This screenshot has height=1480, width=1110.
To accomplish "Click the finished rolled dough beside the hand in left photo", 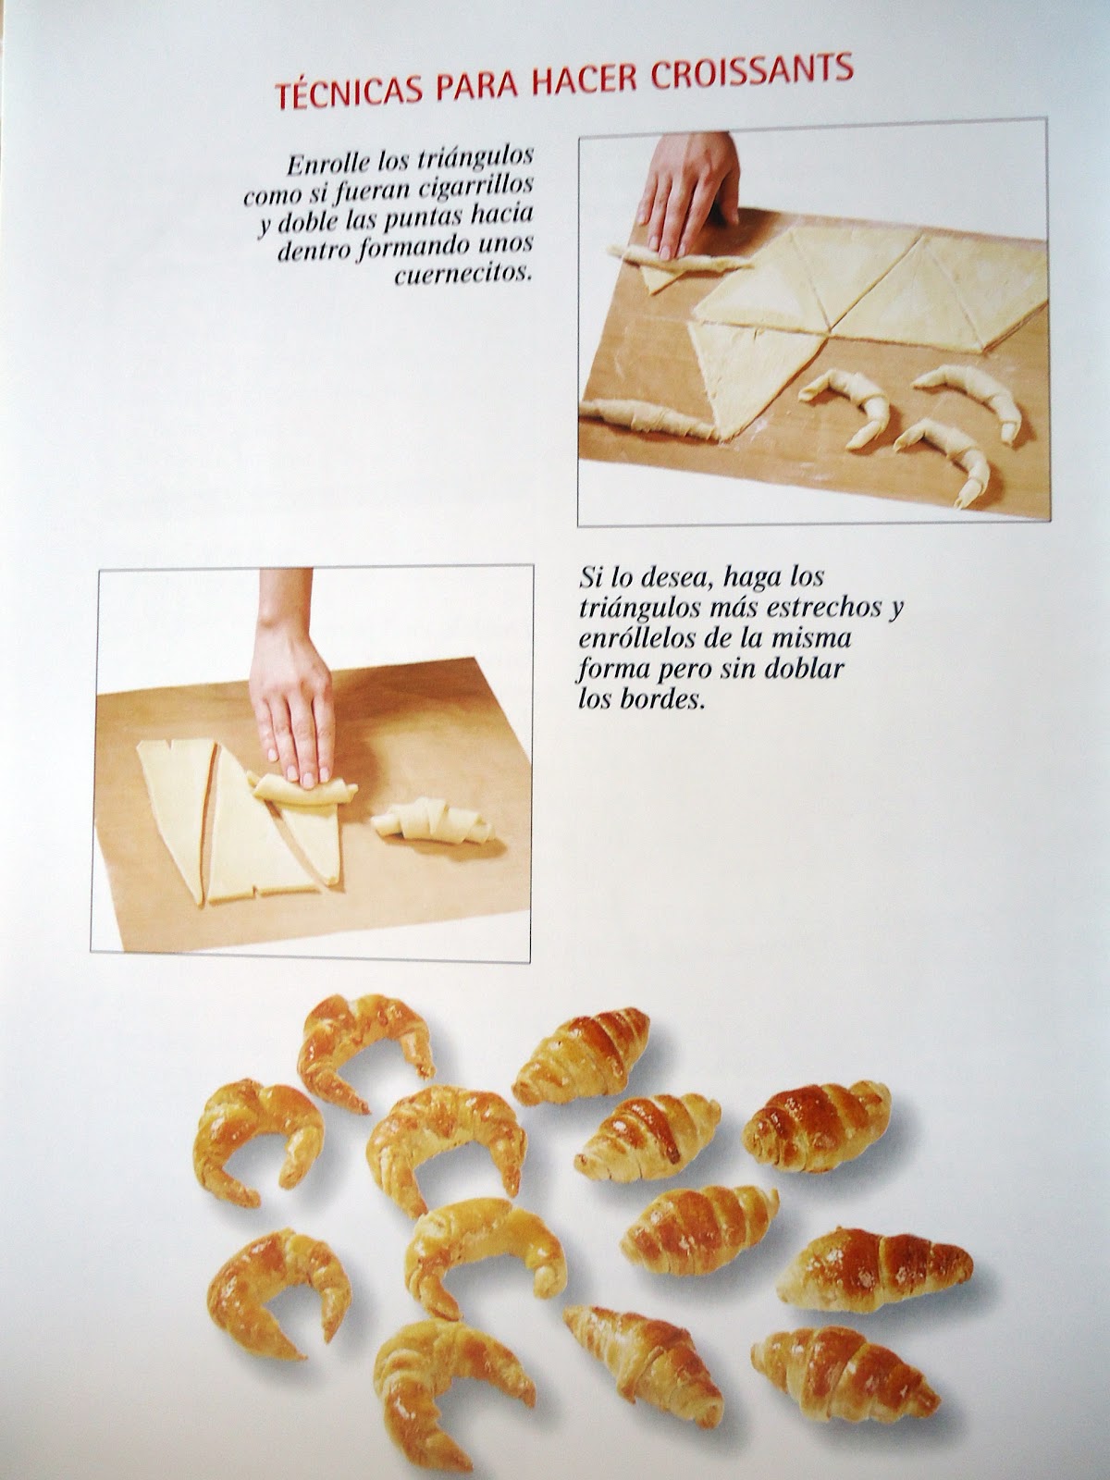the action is [x=432, y=820].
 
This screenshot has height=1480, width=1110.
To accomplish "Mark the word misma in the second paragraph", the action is [x=813, y=638].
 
